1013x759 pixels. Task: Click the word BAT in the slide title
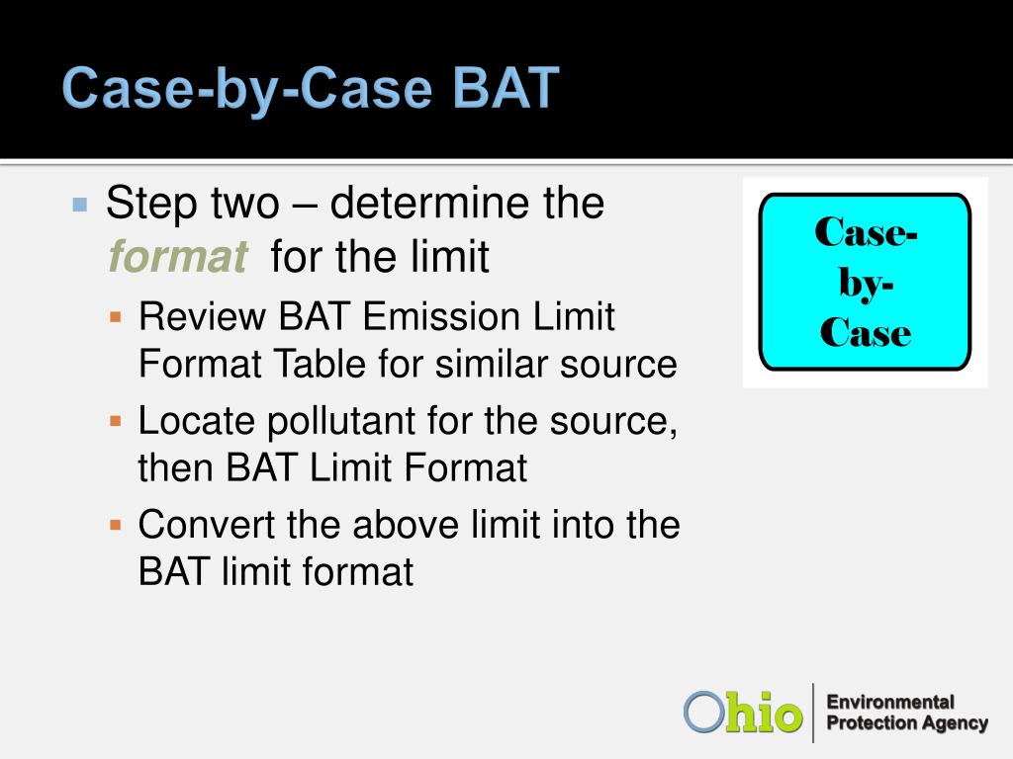pos(506,88)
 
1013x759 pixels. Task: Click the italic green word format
pos(178,257)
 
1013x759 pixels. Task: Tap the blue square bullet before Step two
pos(80,206)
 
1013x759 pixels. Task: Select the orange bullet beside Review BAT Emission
pos(116,317)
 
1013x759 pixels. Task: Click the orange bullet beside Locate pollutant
pos(116,421)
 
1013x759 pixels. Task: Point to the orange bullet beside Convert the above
pos(116,525)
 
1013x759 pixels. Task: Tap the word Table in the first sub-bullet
pos(322,364)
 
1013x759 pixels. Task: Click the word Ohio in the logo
pos(743,713)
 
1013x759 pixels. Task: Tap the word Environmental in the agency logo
pos(890,703)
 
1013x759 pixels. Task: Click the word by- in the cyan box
pos(867,283)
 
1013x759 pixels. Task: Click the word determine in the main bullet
pos(431,203)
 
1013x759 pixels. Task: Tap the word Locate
pos(197,420)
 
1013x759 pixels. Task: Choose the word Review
pos(202,316)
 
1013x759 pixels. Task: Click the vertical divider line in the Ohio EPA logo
pos(813,713)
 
